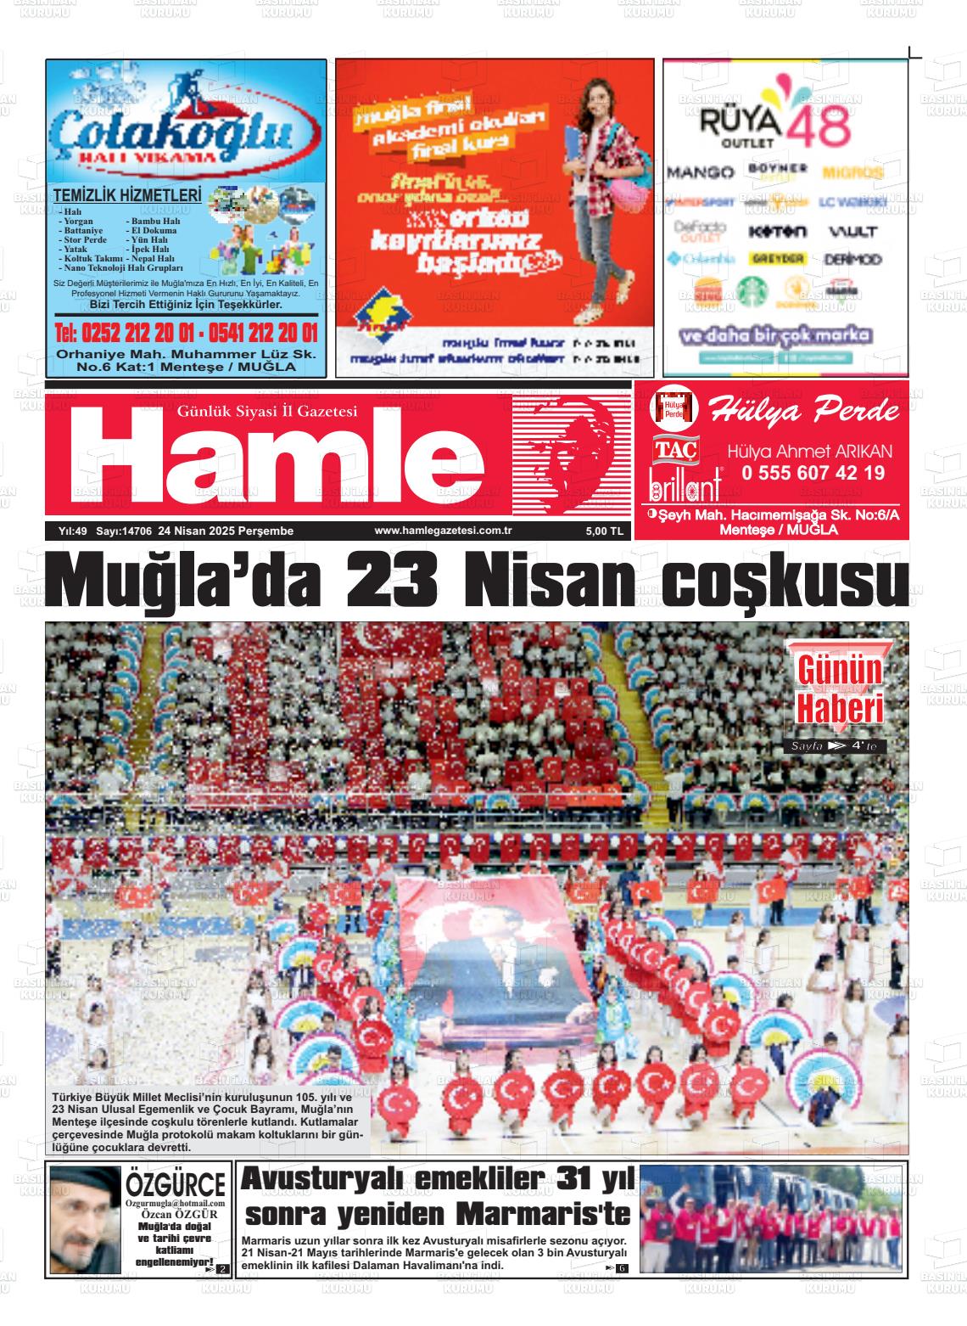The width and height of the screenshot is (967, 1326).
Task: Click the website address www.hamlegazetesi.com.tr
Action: (438, 531)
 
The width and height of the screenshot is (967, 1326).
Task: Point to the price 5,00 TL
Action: (604, 531)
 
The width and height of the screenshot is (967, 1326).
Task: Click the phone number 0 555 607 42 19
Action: (812, 474)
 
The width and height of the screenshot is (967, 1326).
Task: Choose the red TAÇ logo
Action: (674, 450)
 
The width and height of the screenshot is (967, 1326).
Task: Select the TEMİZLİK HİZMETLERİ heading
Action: (127, 195)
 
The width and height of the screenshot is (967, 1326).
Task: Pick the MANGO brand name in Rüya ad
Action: (701, 172)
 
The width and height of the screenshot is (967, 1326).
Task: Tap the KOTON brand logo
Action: (777, 231)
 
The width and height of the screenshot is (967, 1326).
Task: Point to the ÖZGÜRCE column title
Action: (176, 1184)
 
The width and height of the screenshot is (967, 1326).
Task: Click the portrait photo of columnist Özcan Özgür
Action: (85, 1219)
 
